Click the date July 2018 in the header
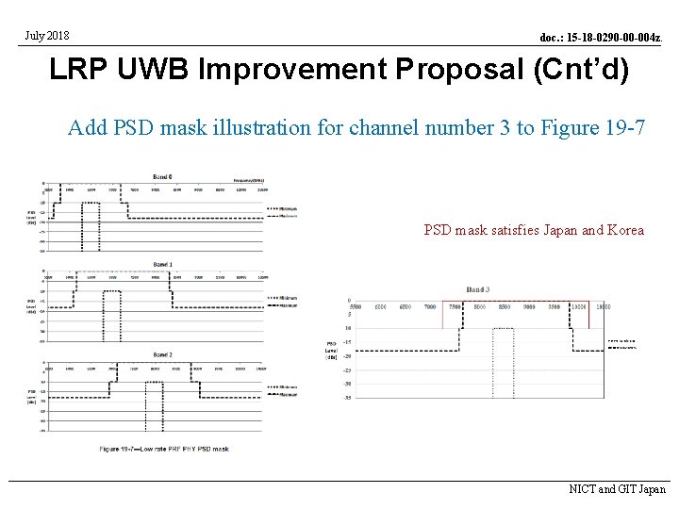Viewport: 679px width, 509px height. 47,37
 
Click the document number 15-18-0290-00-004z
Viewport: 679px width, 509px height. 601,38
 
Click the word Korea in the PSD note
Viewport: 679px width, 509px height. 625,230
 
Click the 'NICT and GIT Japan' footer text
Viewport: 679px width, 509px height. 617,489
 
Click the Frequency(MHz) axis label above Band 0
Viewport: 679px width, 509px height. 248,178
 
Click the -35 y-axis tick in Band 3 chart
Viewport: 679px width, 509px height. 348,398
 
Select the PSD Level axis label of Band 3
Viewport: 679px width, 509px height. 331,351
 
